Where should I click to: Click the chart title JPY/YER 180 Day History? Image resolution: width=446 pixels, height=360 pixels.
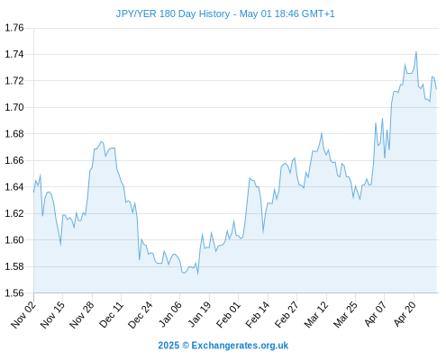[x=173, y=13]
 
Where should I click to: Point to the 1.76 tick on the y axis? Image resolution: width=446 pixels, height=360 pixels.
[x=14, y=28]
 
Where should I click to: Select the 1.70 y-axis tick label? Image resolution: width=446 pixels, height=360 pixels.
[x=14, y=107]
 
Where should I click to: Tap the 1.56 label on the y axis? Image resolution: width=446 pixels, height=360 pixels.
[x=14, y=292]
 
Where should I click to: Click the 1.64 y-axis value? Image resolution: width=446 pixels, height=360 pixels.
[x=14, y=187]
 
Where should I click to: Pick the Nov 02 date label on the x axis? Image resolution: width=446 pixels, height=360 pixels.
[x=23, y=315]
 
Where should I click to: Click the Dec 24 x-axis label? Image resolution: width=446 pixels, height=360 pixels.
[x=141, y=315]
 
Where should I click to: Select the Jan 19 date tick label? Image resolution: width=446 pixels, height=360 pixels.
[x=199, y=315]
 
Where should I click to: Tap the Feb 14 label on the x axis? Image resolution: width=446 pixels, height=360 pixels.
[x=258, y=315]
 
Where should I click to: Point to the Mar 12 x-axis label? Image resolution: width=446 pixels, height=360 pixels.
[x=316, y=315]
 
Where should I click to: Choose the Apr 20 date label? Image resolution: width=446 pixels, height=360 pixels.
[x=405, y=314]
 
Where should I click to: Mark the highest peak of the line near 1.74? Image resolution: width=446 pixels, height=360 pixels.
[x=416, y=52]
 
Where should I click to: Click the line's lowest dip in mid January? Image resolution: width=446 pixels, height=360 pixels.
[x=197, y=274]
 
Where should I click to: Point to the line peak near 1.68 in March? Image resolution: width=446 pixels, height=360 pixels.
[x=322, y=133]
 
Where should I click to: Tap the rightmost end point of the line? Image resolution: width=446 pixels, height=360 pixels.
[x=436, y=89]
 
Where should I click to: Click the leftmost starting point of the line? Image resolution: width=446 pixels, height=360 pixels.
[x=33, y=192]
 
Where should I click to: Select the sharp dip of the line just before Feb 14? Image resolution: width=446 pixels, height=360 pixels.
[x=263, y=232]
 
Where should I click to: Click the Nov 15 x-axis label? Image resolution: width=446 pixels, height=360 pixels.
[x=52, y=315]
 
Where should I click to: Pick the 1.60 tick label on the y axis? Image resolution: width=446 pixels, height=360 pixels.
[x=14, y=240]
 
